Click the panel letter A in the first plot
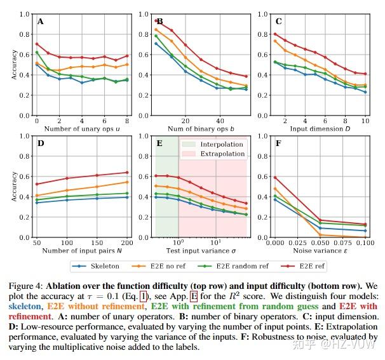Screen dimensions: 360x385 pos(41,22)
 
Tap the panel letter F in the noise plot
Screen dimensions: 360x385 pos(278,143)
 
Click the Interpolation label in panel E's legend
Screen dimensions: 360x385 pos(221,144)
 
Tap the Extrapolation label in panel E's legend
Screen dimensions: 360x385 pos(222,154)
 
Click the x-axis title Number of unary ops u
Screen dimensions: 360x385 pos(82,129)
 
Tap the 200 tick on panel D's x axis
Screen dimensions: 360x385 pos(128,243)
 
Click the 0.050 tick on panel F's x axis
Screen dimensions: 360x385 pos(320,243)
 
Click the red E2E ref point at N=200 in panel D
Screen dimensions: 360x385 pos(128,173)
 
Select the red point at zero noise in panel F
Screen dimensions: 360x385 pos(274,177)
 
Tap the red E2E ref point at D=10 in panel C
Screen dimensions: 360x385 pos(365,74)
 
